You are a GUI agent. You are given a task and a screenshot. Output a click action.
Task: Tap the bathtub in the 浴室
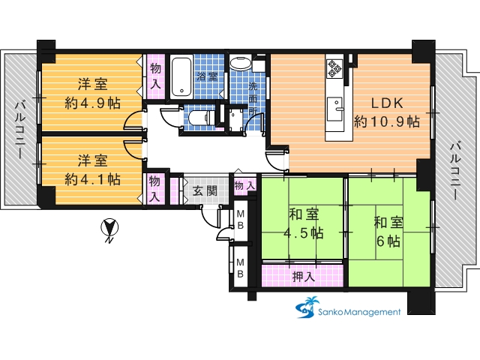181,76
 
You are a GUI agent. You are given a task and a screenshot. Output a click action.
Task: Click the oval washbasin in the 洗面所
240,64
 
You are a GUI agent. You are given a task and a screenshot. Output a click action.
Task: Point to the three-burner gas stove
334,68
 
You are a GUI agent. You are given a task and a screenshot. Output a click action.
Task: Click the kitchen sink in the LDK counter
334,109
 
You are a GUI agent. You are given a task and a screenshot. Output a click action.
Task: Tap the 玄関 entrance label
205,190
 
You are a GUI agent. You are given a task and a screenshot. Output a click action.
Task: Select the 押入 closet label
303,277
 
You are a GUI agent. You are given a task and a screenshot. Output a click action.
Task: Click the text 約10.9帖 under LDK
387,121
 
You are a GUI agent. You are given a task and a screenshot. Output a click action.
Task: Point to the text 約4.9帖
92,103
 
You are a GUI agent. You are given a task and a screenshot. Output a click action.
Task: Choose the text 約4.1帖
92,179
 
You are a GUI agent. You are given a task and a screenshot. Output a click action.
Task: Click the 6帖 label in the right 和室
388,241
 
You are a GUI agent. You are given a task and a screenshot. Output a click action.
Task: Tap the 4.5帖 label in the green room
304,233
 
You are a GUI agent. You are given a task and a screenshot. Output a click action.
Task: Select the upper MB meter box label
241,219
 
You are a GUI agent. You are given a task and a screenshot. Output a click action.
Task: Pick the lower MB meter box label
241,268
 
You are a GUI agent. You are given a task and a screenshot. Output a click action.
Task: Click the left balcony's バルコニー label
20,130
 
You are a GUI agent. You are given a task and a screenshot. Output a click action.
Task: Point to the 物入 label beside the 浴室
155,76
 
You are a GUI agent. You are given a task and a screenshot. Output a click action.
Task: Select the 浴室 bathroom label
207,76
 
